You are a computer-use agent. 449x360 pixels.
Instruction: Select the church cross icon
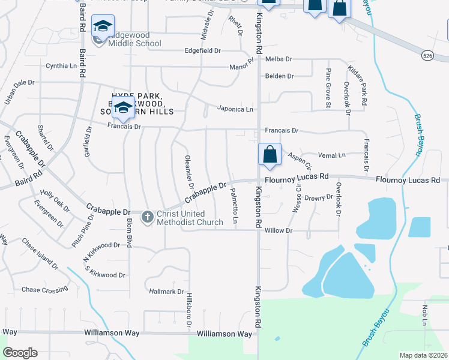point(148,217)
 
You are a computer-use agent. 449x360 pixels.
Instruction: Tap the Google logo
point(20,353)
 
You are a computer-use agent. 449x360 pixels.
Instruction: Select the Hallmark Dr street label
point(166,292)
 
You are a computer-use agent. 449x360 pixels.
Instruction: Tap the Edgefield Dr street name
point(203,51)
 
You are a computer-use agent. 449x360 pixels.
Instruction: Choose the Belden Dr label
point(279,76)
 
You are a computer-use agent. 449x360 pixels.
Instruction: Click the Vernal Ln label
point(334,155)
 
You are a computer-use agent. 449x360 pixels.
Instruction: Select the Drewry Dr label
point(318,197)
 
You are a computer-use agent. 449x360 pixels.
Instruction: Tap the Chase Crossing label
point(45,290)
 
